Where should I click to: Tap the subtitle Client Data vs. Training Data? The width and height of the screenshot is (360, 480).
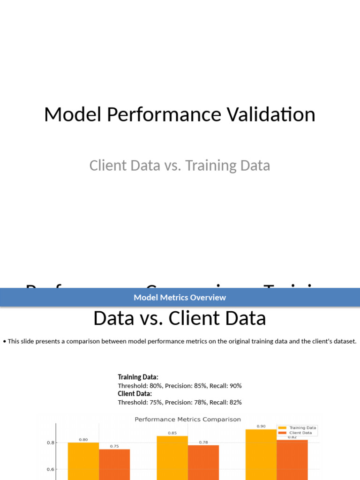point(180,165)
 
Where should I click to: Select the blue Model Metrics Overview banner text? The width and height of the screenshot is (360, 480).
point(180,297)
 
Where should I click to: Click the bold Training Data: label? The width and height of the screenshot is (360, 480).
point(138,377)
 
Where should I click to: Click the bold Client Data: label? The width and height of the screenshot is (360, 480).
point(135,394)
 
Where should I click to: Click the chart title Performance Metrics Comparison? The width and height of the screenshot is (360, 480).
point(187,420)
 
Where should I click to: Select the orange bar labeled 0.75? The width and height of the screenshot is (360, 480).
point(114,464)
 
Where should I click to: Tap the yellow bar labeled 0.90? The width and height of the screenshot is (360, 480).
point(261,454)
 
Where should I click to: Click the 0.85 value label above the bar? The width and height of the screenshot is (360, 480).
point(172,433)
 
